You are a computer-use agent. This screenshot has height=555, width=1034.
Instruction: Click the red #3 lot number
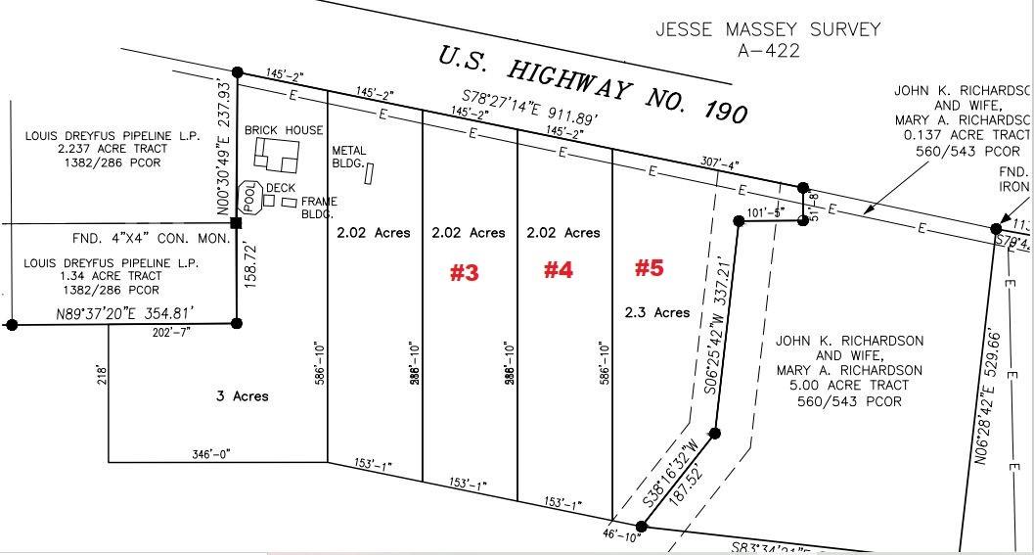[x=464, y=273]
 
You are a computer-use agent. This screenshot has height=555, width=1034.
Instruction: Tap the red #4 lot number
[x=558, y=270]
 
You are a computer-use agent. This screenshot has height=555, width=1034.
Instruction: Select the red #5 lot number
[x=650, y=267]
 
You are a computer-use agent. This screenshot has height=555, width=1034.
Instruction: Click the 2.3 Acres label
[x=657, y=312]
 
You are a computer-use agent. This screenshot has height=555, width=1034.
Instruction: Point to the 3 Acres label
[x=242, y=396]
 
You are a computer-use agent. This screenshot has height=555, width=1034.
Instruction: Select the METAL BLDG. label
[x=349, y=157]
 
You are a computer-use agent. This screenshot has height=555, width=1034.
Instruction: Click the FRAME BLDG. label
[x=319, y=208]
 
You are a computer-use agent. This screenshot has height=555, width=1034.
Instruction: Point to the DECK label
[x=281, y=188]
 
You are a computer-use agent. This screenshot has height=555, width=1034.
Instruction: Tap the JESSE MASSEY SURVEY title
[x=768, y=29]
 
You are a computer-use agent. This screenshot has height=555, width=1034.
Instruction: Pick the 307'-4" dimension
[x=719, y=163]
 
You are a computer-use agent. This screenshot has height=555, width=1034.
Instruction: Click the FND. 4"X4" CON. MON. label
[x=152, y=238]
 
